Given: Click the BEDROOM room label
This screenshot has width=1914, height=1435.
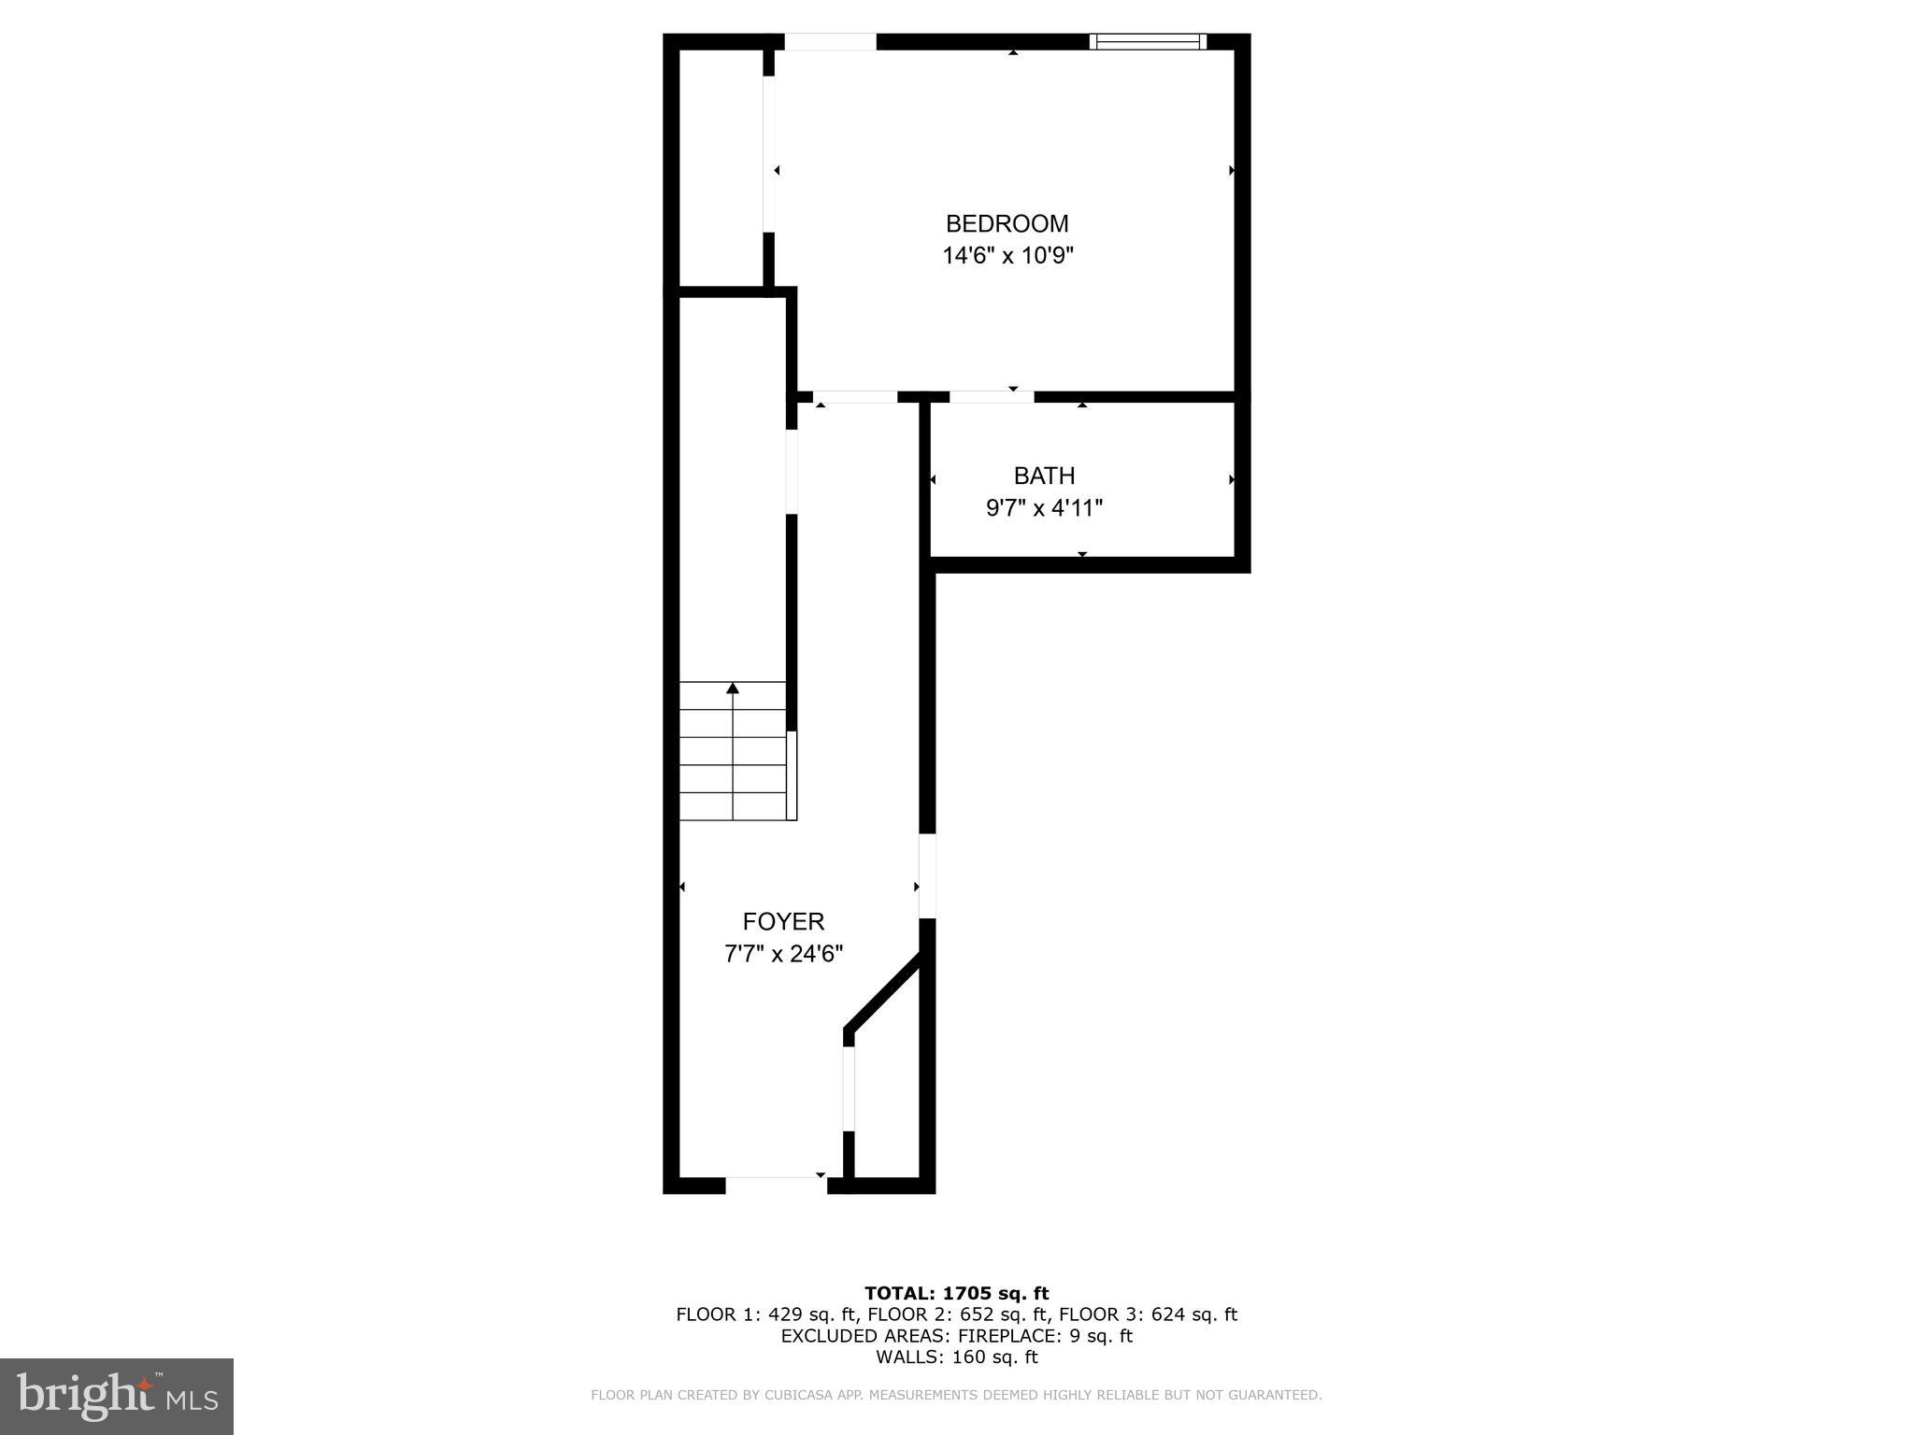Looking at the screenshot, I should tap(1007, 224).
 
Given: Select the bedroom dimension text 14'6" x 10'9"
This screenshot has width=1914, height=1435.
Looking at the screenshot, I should tap(1007, 256).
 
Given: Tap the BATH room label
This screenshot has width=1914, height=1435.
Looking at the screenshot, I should tap(1044, 476).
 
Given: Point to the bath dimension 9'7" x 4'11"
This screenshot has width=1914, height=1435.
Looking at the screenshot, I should tap(1044, 508).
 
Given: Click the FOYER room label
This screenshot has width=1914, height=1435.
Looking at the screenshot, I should tap(783, 922).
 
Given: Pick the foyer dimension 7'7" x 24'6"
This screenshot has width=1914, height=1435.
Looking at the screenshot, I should tap(783, 954).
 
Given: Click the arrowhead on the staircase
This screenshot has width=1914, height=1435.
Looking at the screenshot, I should tap(733, 689).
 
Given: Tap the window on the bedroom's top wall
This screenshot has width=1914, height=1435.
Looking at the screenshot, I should tap(1148, 41).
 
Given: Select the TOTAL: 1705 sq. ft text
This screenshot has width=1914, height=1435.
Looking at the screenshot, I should tap(956, 1293).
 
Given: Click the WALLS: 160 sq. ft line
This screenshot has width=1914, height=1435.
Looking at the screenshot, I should tap(956, 1357).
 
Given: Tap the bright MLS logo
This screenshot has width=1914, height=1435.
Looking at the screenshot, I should tap(117, 1396).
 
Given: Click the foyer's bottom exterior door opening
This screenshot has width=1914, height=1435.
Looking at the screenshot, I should tap(776, 1185).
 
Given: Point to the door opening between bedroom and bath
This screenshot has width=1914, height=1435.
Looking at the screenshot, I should tap(992, 397).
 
